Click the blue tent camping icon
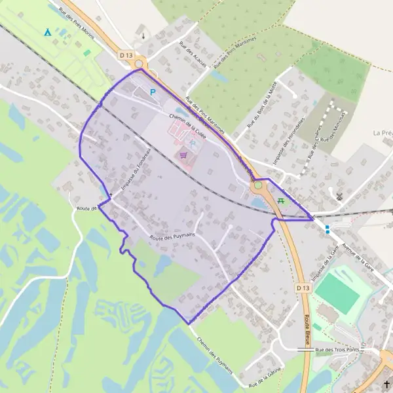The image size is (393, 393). point(47,31)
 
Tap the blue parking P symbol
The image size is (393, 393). point(153,93)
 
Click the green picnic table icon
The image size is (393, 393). point(280,201)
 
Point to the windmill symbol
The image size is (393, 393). point(339,195)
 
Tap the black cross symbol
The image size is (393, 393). point(386,384)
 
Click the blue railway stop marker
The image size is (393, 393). point(327,228)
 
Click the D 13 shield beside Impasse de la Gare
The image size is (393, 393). point(301,288)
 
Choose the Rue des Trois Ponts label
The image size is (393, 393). point(338,350)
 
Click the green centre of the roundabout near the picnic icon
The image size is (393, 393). point(258,185)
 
